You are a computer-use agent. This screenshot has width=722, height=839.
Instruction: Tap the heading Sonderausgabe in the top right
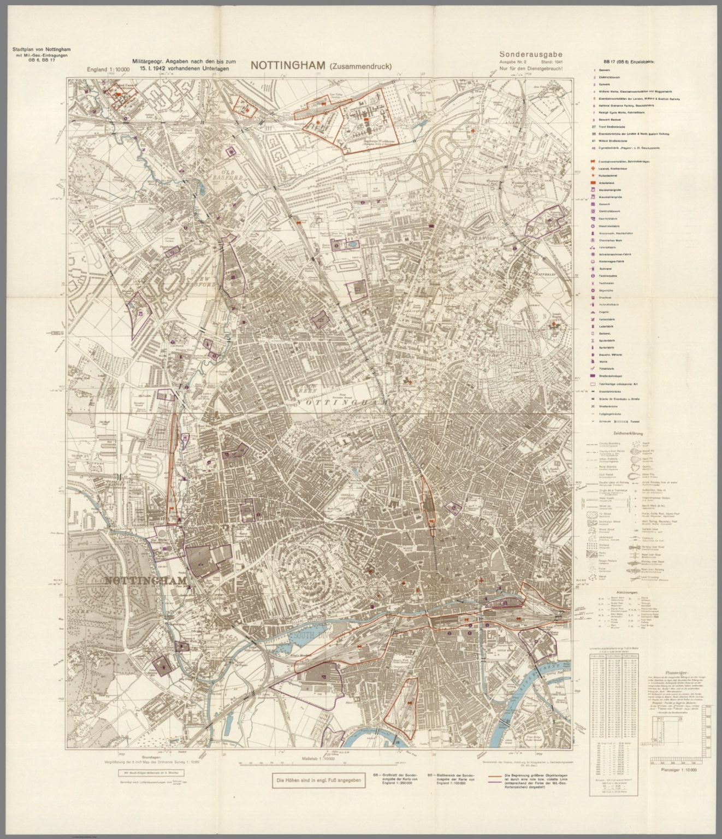[530, 54]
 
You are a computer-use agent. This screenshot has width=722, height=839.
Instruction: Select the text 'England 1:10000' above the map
[108, 69]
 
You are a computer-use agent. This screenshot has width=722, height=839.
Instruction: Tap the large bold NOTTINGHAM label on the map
[145, 580]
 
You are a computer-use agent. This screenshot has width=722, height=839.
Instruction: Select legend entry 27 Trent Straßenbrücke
[617, 127]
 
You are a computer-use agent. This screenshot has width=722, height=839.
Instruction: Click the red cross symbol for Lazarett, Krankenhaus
[593, 168]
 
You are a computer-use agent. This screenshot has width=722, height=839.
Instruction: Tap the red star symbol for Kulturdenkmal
[593, 175]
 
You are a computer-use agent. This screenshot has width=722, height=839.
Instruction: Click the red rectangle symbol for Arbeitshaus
[593, 182]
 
